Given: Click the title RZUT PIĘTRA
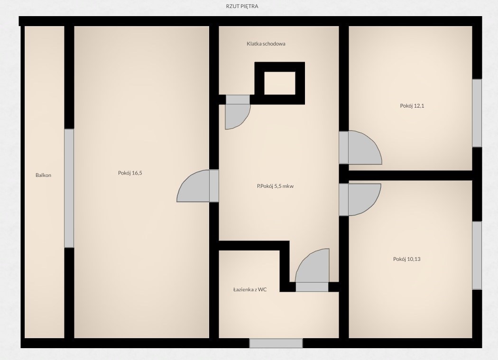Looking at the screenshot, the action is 242,6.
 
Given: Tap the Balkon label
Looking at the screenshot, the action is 43,175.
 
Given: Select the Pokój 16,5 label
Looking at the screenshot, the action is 130,173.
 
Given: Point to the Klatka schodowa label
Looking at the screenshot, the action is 266,44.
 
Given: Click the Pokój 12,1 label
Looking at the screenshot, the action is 412,106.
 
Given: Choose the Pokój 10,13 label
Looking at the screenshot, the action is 406,259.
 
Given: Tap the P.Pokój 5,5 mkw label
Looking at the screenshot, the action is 275,186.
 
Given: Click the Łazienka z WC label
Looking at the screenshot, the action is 250,289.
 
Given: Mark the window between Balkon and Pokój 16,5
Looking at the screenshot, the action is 69,188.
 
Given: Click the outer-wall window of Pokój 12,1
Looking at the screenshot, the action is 477,113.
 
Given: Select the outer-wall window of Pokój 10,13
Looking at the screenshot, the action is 477,256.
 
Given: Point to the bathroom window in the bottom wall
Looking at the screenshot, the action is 276,343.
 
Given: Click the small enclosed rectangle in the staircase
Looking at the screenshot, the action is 279,83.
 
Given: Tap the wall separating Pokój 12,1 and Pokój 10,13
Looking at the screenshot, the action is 410,175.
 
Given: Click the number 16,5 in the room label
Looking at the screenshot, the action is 137,173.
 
